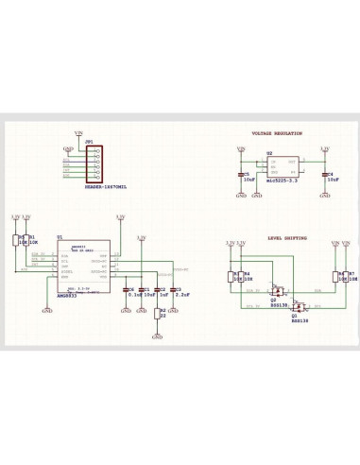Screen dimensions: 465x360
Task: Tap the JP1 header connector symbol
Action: (94, 165)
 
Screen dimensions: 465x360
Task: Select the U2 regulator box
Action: (282, 166)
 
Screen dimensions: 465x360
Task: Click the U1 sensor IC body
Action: (83, 270)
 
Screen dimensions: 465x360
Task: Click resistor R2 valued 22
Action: (158, 312)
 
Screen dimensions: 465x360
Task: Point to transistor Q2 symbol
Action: (276, 291)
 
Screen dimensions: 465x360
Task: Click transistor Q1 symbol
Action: (298, 307)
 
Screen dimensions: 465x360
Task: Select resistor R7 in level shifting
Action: (346, 276)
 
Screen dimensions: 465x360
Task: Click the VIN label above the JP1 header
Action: (78, 134)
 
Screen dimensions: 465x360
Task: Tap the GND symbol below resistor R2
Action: (158, 336)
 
